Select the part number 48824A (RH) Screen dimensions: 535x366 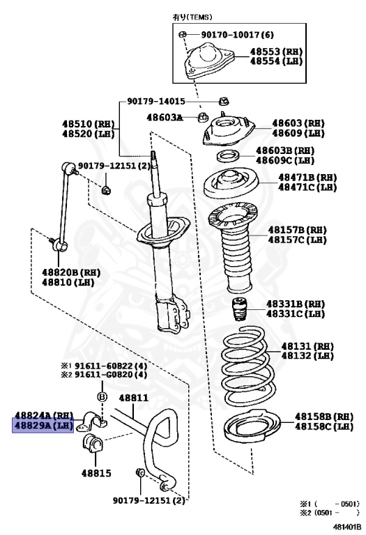point(43,414)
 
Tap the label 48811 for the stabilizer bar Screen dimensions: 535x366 point(133,398)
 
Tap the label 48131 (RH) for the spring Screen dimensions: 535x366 point(307,346)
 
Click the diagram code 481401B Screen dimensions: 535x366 point(346,527)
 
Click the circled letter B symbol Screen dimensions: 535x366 point(102,396)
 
